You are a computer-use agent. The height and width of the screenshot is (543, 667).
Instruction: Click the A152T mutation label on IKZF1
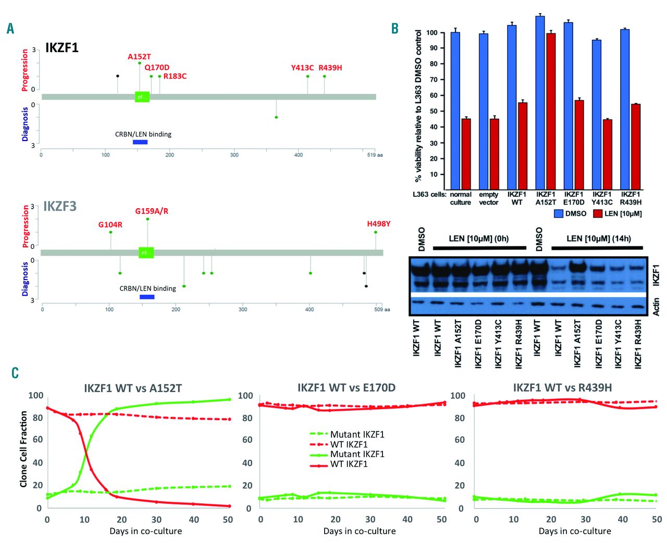click(x=139, y=57)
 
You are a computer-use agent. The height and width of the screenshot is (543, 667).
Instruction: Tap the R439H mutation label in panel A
click(x=330, y=68)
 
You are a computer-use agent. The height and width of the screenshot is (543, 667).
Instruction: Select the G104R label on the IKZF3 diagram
click(x=110, y=225)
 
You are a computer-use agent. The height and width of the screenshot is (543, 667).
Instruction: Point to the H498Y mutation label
click(x=378, y=224)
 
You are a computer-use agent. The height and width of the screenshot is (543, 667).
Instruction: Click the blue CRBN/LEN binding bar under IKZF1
click(x=140, y=142)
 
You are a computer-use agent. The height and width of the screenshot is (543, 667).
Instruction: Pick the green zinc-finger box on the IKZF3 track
click(x=146, y=252)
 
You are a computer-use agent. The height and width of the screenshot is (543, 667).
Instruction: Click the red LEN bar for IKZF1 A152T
click(x=550, y=111)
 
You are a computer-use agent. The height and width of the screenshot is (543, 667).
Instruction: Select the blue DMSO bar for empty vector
click(x=484, y=111)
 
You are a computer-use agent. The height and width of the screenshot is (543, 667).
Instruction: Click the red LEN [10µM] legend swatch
click(x=597, y=213)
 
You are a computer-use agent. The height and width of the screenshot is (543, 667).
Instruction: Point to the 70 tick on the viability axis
click(x=433, y=80)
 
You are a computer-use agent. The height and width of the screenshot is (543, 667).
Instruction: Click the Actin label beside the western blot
click(x=656, y=306)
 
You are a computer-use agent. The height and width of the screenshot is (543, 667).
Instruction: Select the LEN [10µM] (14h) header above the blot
click(x=598, y=238)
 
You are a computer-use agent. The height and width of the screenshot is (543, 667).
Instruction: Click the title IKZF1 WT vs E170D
click(x=347, y=388)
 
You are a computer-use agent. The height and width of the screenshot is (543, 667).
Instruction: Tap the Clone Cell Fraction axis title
click(x=23, y=449)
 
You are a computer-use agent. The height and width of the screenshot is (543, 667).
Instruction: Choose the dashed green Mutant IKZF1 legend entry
click(x=357, y=434)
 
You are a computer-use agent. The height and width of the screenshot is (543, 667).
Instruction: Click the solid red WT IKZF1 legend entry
click(x=349, y=464)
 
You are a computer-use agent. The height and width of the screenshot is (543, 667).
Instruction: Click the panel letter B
click(x=395, y=29)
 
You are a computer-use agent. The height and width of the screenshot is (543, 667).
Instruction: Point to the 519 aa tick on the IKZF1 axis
click(x=375, y=155)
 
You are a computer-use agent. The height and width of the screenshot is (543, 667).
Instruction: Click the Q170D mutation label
click(x=157, y=68)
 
